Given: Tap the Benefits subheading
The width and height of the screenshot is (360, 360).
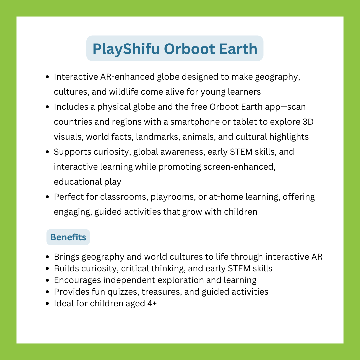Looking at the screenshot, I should point(68,237).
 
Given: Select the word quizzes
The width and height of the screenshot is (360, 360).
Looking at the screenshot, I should point(122,292).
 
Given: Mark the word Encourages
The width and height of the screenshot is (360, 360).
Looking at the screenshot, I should point(73,280).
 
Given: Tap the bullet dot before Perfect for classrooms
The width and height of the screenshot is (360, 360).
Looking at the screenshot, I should point(47,197).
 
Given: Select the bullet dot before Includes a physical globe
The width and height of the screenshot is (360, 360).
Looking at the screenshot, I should point(47,107).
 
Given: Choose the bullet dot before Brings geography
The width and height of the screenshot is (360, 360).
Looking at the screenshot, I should point(47,257).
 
